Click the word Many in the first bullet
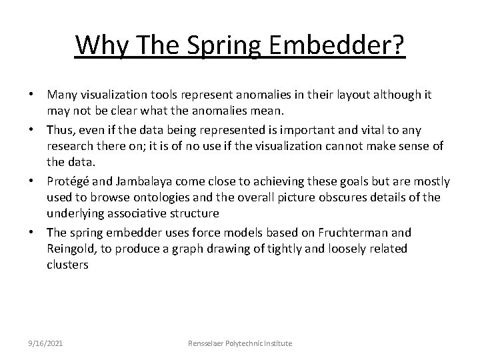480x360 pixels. coord(62,95)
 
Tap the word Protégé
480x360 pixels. coord(68,181)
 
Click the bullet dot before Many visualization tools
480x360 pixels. coord(33,95)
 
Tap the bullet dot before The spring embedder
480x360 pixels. coord(33,233)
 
